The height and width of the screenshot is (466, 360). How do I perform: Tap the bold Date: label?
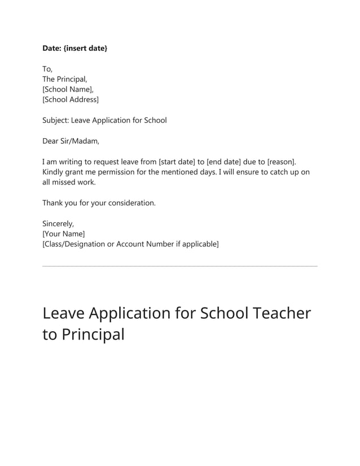(x=52, y=49)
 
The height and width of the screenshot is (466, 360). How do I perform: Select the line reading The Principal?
(x=65, y=79)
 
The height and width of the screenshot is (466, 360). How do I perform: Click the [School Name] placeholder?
(x=68, y=89)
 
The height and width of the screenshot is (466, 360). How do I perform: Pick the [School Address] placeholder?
(x=71, y=99)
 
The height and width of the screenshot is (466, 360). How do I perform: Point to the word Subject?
(x=55, y=120)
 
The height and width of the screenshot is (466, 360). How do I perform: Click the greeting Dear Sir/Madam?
(x=71, y=141)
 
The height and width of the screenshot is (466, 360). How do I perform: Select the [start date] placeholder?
(x=177, y=162)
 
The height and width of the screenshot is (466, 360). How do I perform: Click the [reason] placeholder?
(x=280, y=162)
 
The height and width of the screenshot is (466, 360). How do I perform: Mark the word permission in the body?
(x=122, y=172)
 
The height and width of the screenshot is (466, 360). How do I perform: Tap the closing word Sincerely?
(x=58, y=223)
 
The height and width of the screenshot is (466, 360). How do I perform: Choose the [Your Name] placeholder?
(x=64, y=234)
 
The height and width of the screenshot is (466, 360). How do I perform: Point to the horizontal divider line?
(x=180, y=266)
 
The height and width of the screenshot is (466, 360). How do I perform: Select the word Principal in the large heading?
(x=93, y=334)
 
